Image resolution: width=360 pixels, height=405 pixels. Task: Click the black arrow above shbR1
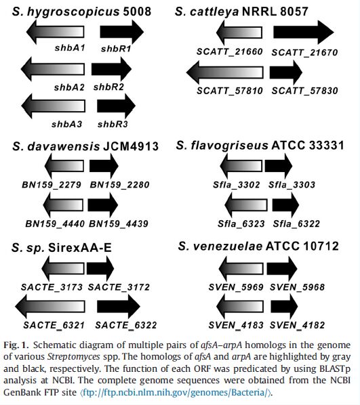coord(121,32)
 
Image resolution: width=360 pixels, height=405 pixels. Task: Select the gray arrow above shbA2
coord(53,69)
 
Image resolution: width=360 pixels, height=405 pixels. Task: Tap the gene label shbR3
coord(113,124)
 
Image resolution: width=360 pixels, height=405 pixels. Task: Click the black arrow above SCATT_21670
coord(304,33)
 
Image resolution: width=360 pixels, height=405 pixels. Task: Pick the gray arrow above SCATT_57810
coord(224,72)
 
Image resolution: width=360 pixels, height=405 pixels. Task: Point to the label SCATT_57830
coord(304,91)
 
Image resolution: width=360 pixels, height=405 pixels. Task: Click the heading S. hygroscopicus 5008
coord(82,12)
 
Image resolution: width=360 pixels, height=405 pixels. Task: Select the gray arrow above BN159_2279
coord(64,166)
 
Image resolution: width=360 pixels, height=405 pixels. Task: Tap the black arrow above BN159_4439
coord(103,205)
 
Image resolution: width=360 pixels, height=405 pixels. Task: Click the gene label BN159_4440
coord(55,223)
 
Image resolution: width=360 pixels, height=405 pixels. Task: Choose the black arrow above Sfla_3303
coord(279,166)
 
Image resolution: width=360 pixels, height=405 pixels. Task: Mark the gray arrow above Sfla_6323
coord(246,205)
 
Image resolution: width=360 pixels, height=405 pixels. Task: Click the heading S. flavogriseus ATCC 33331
coord(260,145)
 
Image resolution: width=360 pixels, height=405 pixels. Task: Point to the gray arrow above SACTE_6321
coord(50,307)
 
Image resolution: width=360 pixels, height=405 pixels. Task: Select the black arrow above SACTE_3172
coord(100,269)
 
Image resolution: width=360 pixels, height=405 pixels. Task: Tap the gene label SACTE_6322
coord(126,325)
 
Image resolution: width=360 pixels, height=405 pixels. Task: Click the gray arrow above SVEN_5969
coord(241,269)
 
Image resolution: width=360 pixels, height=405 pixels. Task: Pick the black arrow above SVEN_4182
coord(284,307)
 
